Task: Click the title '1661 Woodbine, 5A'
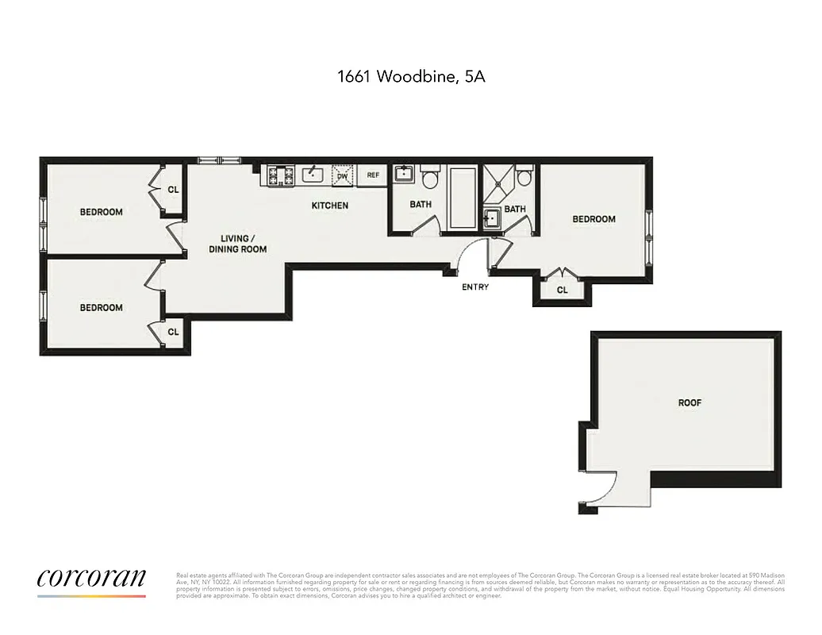pos(411,77)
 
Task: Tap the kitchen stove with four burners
pos(280,175)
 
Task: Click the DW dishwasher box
pos(343,175)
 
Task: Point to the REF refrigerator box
pos(373,175)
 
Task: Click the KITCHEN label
pos(329,206)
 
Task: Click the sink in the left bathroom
pos(404,173)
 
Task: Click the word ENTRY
pos(475,287)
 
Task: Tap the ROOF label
pos(689,402)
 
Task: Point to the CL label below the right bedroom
pos(563,291)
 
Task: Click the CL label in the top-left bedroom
pos(173,190)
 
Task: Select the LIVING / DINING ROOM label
pos(237,244)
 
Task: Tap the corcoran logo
pos(91,579)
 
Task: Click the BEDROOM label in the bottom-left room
pos(102,307)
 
